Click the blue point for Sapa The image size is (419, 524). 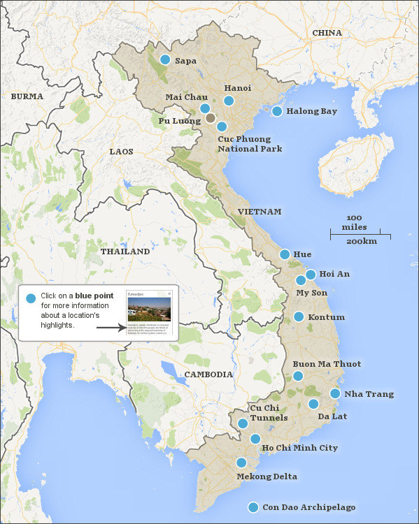tap(165, 60)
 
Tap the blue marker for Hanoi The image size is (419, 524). tap(229, 101)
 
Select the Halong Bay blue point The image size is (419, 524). tap(277, 111)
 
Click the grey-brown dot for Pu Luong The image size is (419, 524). tap(211, 118)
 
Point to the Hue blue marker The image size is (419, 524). tap(285, 254)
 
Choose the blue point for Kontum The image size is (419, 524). tap(299, 316)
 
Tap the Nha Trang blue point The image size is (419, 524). tap(335, 393)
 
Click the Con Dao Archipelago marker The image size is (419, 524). tap(253, 507)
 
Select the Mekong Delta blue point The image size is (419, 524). tap(241, 463)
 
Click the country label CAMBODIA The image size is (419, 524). tap(208, 374)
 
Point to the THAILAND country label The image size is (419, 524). tap(125, 251)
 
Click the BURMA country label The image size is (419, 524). tap(27, 96)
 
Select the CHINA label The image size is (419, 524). tap(327, 33)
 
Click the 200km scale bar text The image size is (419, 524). tap(361, 241)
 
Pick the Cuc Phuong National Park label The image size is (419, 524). tap(250, 143)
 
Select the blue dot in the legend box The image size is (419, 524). tap(30, 299)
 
